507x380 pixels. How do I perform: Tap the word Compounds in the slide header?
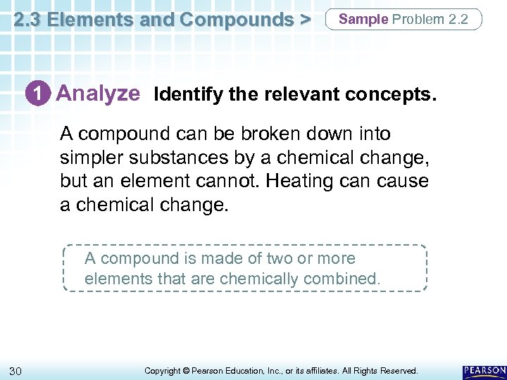pyautogui.click(x=235, y=20)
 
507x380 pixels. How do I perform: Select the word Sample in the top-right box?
pyautogui.click(x=363, y=19)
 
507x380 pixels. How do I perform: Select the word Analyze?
pyautogui.click(x=98, y=94)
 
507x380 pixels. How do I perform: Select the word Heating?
pyautogui.click(x=314, y=181)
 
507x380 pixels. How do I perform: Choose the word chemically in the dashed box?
pyautogui.click(x=260, y=279)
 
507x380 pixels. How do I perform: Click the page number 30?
pyautogui.click(x=15, y=370)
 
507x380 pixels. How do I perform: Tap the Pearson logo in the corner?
pyautogui.click(x=484, y=369)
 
